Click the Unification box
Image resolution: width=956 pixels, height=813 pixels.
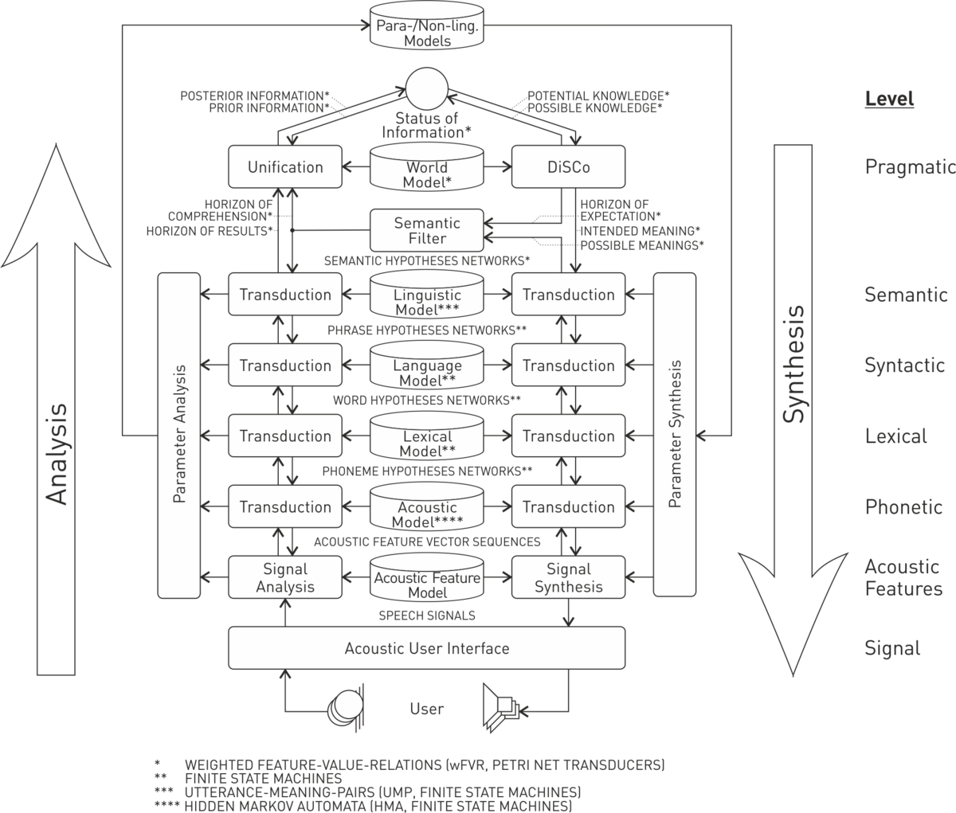(285, 167)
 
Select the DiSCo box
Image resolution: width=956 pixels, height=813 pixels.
(568, 167)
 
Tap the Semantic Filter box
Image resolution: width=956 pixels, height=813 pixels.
(427, 230)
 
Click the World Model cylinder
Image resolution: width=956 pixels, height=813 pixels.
(427, 167)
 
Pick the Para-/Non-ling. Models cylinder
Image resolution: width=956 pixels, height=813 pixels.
(427, 25)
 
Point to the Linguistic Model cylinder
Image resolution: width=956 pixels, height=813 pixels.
(427, 295)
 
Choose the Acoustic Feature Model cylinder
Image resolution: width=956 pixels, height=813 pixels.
(427, 578)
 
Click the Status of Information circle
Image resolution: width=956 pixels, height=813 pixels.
(427, 88)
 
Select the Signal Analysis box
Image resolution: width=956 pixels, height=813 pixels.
(285, 577)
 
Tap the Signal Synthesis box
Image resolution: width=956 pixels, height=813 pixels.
(568, 577)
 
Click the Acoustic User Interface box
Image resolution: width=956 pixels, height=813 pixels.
(427, 648)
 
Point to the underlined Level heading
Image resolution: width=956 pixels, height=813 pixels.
(889, 100)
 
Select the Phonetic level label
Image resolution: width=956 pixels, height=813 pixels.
(903, 507)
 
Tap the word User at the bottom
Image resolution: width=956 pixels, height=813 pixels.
(426, 709)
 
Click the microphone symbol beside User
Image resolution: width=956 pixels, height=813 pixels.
(346, 708)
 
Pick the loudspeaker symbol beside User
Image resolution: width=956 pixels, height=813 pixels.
(501, 708)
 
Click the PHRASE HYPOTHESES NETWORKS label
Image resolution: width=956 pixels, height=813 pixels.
(427, 330)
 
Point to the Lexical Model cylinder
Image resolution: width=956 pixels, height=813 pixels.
(427, 436)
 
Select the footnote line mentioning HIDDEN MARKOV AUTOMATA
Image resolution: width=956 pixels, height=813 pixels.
(363, 806)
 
